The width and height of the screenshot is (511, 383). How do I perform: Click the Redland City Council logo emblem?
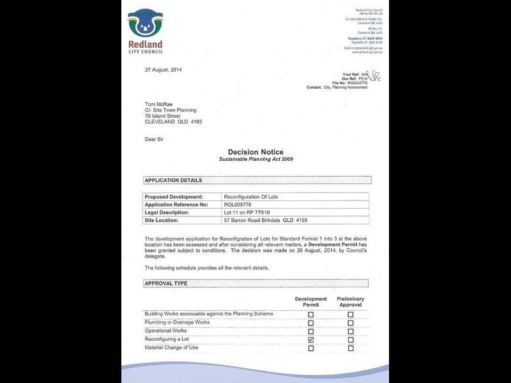coord(145,24)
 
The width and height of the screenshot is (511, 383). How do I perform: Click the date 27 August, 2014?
coord(164,69)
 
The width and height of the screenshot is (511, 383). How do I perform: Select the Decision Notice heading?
coord(256,152)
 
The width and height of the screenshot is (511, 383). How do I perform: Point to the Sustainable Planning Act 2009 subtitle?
coord(256,160)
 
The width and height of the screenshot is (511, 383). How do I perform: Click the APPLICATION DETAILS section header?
coord(174,181)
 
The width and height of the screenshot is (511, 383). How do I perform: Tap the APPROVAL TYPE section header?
coord(166,283)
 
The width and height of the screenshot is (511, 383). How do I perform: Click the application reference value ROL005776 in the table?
coord(238,204)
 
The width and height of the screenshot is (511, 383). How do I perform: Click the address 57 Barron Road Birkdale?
coord(264,220)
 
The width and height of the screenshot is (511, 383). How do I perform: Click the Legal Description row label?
coord(167,212)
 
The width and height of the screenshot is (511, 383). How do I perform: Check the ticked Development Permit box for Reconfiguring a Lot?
coord(311,340)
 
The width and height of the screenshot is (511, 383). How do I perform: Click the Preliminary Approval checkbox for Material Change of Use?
coord(350,348)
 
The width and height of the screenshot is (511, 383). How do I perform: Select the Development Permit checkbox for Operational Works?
coord(311,331)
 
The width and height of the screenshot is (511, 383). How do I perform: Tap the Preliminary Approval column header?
coord(350,302)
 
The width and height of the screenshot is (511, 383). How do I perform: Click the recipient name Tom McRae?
coord(158,104)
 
